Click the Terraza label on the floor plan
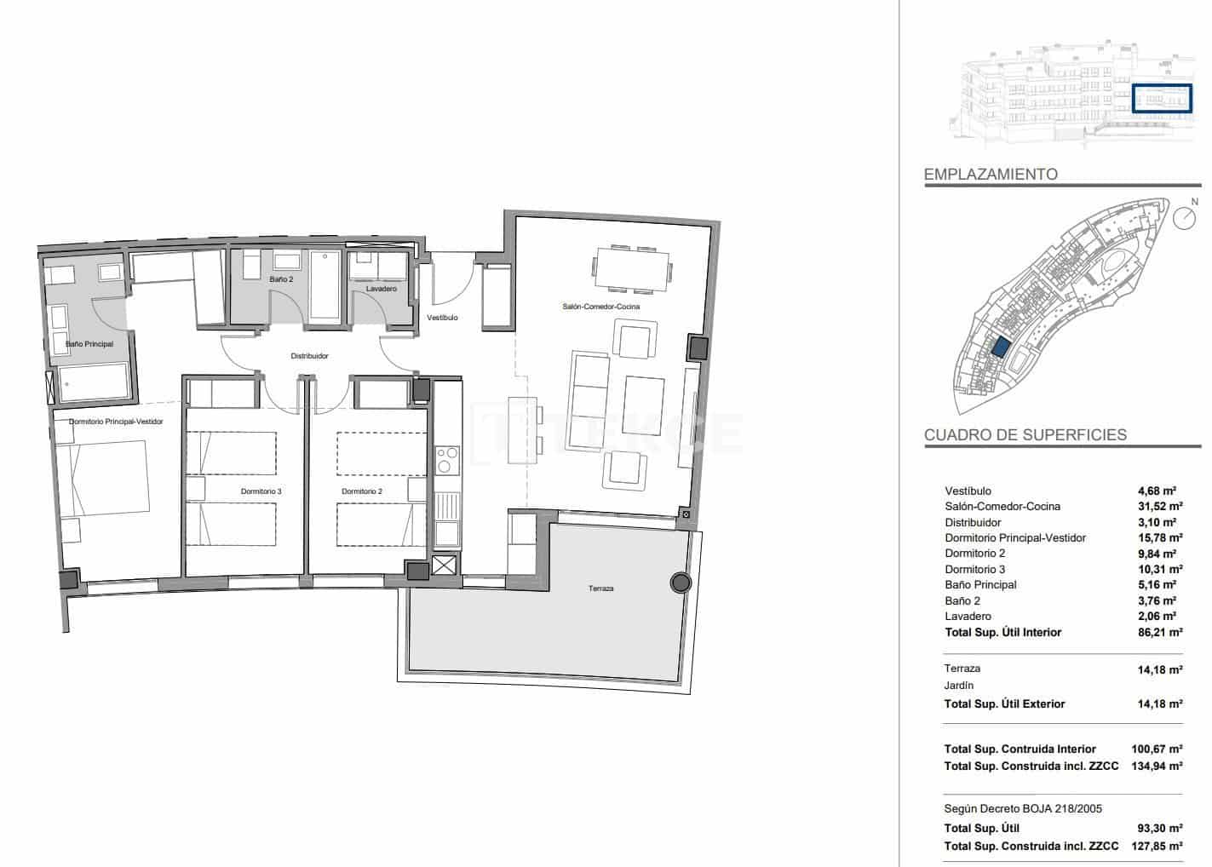point(600,589)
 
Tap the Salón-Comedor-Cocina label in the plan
point(600,307)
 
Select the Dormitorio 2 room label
point(362,491)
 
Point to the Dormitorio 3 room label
point(261,491)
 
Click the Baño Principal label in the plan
point(89,344)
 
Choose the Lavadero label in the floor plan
point(381,289)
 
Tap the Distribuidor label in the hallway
point(309,356)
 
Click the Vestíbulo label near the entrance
point(442,318)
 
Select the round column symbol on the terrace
point(680,583)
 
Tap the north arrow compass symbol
point(1184,217)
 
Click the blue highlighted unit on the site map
point(1000,348)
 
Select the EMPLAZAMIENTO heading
point(991,175)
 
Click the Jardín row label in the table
point(959,686)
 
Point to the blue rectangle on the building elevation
point(1162,99)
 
